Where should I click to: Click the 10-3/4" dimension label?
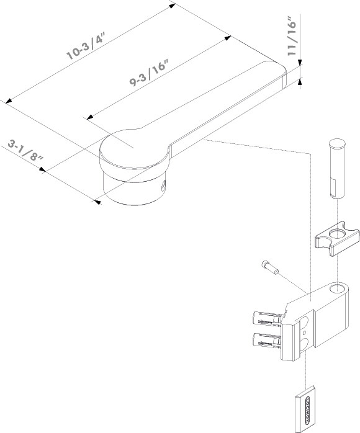coord(86,46)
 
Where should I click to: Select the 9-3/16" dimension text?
coord(149,73)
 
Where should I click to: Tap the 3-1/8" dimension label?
coord(25,151)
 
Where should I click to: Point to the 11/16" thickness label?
coord(292,36)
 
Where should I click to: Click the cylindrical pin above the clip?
coord(337,169)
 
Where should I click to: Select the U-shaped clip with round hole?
coord(337,239)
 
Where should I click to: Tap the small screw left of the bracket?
coord(270,267)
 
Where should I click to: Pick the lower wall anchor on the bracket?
coord(267,339)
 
